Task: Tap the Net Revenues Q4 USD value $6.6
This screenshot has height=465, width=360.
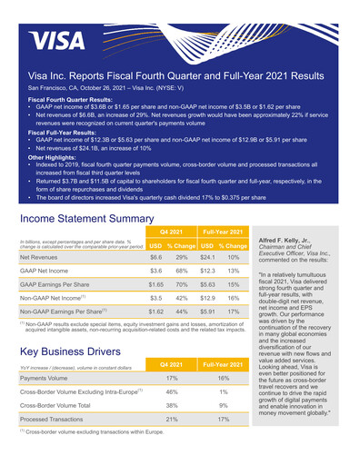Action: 155,257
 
